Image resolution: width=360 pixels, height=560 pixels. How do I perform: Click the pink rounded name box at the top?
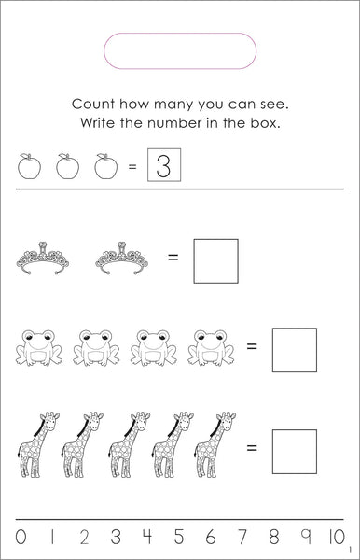(180, 34)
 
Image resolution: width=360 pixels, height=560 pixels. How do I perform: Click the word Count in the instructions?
(93, 105)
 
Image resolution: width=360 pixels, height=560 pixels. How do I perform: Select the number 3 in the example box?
(164, 165)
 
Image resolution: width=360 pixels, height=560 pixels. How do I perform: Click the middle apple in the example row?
(67, 166)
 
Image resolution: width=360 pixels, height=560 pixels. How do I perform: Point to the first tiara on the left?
(43, 258)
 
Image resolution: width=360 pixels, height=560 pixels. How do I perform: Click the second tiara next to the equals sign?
(121, 258)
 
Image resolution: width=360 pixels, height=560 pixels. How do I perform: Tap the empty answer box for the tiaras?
(215, 240)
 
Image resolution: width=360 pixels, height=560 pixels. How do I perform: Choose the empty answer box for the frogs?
(295, 329)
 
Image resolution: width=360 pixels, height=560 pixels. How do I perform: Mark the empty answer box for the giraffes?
(295, 430)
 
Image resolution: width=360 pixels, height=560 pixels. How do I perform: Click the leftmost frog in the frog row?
(39, 347)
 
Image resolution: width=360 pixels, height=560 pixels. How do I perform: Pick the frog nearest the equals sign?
(211, 347)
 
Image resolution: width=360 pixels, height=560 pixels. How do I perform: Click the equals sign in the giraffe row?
(252, 447)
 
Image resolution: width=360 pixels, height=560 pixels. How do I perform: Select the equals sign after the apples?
(132, 166)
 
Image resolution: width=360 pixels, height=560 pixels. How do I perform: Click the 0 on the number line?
(21, 537)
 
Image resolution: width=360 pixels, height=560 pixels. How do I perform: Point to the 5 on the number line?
(179, 537)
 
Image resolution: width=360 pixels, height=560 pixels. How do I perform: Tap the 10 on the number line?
(337, 537)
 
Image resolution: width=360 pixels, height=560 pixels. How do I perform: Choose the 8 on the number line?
(273, 537)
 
